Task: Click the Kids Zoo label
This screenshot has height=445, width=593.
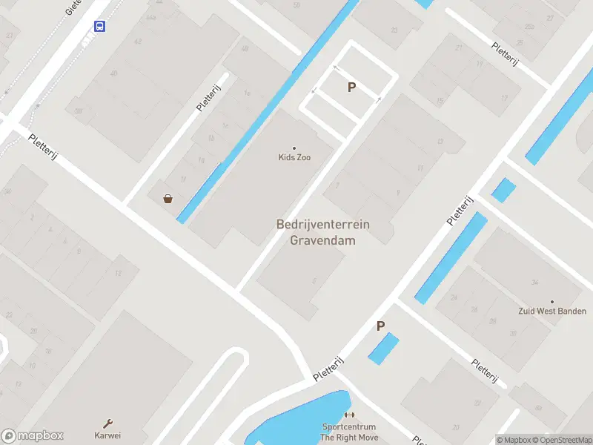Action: click(294, 157)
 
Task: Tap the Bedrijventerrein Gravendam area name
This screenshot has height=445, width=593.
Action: click(322, 231)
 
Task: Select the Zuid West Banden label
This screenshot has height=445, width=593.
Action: click(551, 311)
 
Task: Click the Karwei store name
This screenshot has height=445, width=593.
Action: click(107, 435)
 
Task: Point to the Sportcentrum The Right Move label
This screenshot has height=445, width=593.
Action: click(348, 432)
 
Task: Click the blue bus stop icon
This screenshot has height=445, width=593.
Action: click(99, 27)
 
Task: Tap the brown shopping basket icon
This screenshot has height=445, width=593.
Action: click(168, 198)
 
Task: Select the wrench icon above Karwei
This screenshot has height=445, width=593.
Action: click(107, 423)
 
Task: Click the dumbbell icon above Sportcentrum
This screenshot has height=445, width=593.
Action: click(349, 415)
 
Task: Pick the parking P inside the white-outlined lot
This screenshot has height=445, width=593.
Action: click(352, 87)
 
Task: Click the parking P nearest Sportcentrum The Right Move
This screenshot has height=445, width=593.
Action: click(381, 326)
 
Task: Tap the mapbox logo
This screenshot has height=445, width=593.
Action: click(33, 436)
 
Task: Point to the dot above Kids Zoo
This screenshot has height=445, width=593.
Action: click(294, 148)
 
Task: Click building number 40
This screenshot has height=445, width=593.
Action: click(113, 73)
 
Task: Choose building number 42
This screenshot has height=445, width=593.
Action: click(138, 42)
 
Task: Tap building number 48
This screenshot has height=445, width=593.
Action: click(245, 49)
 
